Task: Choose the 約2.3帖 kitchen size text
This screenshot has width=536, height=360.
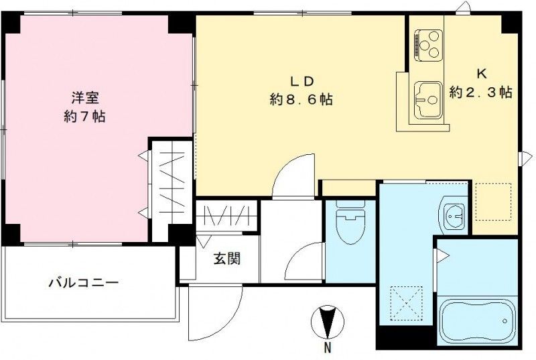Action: (480, 93)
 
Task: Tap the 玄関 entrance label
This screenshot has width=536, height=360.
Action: (226, 258)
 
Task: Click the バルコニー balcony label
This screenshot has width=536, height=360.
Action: (83, 283)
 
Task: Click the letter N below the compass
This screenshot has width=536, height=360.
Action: (327, 347)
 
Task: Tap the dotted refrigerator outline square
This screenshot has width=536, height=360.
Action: (492, 200)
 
